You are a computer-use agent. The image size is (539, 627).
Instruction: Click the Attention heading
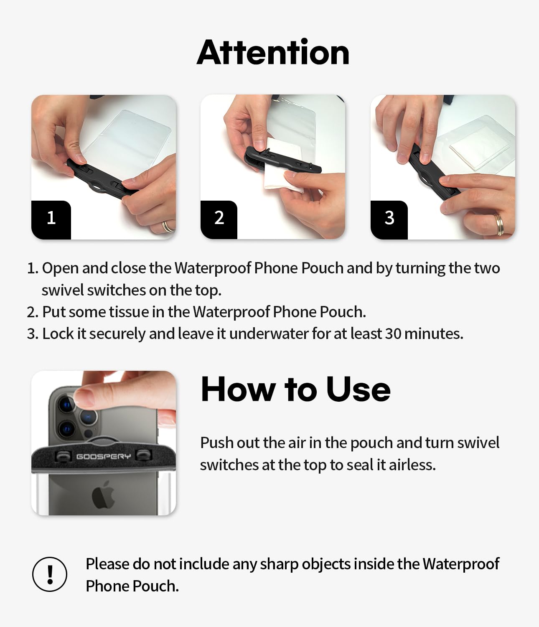point(273,52)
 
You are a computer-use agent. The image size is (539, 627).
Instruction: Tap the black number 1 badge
point(51,219)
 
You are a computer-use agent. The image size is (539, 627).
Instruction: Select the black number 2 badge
point(219,219)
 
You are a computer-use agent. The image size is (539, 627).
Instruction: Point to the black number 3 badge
point(389,219)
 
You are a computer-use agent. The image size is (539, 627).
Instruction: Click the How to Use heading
point(295,389)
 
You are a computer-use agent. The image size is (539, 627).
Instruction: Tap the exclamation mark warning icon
point(50,574)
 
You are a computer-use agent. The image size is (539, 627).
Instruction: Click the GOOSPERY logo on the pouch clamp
point(103,456)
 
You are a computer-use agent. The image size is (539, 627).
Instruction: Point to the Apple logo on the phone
point(103,494)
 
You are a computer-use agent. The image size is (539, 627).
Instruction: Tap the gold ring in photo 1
point(168,226)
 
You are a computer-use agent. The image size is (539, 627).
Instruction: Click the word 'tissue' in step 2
point(129,312)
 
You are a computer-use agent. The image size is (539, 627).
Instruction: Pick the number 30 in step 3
point(393,334)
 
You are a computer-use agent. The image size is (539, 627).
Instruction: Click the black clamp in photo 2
point(282,160)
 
